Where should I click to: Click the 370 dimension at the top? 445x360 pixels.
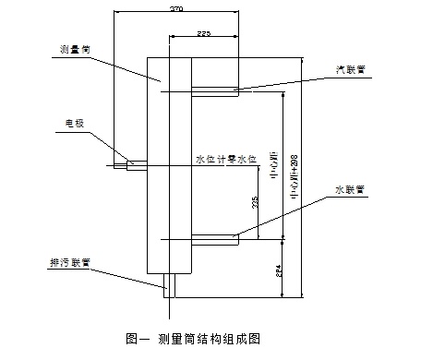(x=175, y=7)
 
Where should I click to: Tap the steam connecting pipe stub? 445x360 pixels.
(x=214, y=90)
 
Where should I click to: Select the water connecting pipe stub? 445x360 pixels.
(x=214, y=240)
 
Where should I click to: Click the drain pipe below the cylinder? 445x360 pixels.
(x=170, y=283)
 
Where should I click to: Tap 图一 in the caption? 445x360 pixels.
(x=137, y=340)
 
